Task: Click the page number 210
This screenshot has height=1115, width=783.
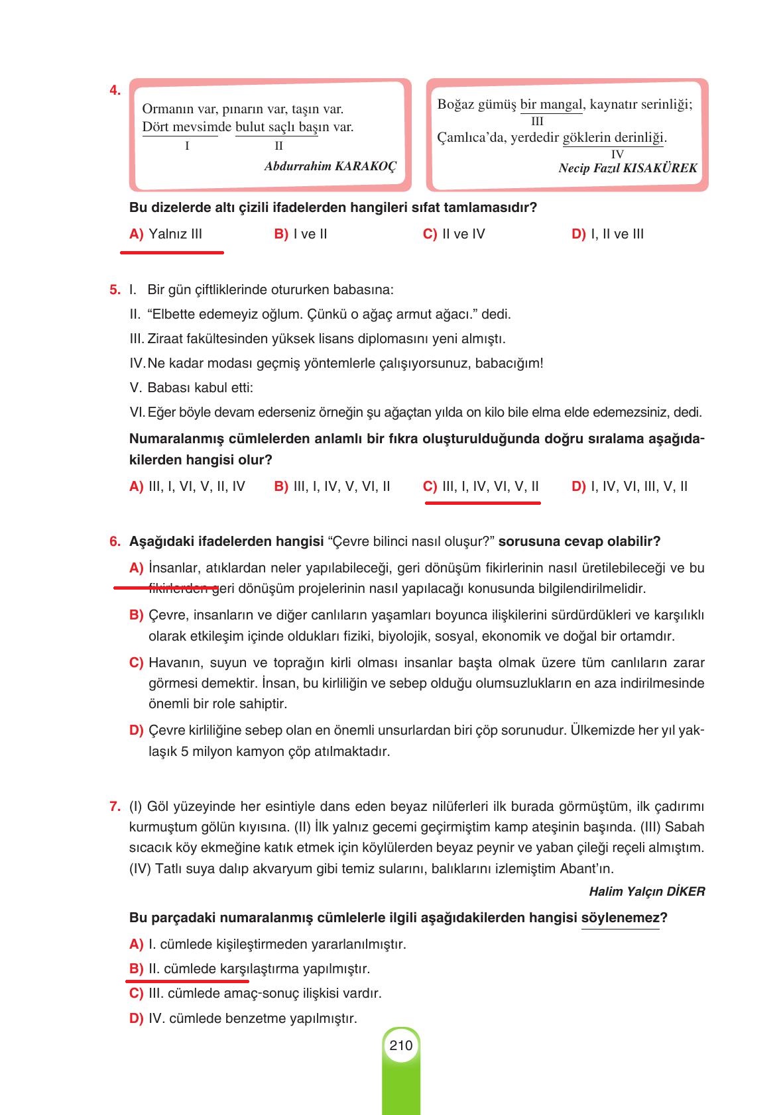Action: tap(401, 1045)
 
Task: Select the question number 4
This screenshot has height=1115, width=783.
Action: tap(115, 91)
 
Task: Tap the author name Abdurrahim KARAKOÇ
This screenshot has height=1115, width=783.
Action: tap(330, 166)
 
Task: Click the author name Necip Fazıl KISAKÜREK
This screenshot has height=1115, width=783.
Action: tap(627, 168)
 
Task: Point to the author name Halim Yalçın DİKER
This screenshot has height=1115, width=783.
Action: tap(646, 892)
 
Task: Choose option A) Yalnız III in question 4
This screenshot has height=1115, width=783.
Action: tap(166, 234)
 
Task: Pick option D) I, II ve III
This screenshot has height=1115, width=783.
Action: tap(607, 234)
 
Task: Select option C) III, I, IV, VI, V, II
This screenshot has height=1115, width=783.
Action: tap(481, 487)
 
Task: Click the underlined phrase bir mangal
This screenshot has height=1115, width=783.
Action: tap(551, 105)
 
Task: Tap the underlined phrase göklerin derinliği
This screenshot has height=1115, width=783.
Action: tap(613, 138)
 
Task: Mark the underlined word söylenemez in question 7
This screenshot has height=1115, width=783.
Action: tap(620, 918)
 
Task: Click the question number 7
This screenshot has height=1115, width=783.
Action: tap(115, 807)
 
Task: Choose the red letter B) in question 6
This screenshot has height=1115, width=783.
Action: tap(136, 615)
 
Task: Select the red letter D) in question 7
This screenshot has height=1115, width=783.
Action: tap(136, 1018)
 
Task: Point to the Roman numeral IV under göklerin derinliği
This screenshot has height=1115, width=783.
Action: tap(617, 154)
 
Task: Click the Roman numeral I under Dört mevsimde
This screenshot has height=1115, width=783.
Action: tap(187, 146)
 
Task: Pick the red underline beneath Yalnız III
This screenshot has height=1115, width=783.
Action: tap(172, 252)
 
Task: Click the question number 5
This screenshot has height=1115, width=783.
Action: tap(115, 290)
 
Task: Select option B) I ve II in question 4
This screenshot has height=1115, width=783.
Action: tap(300, 234)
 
